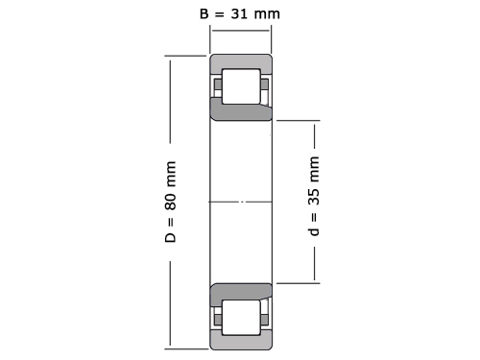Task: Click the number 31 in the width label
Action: (239, 13)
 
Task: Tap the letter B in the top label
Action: (204, 13)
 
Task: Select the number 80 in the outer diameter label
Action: (171, 202)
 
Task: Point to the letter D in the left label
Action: (171, 237)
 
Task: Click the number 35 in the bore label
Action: (314, 197)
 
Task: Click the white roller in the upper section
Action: (241, 86)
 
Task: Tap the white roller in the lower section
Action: (241, 318)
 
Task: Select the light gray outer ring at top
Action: (241, 61)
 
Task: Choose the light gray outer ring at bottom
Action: (241, 343)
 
